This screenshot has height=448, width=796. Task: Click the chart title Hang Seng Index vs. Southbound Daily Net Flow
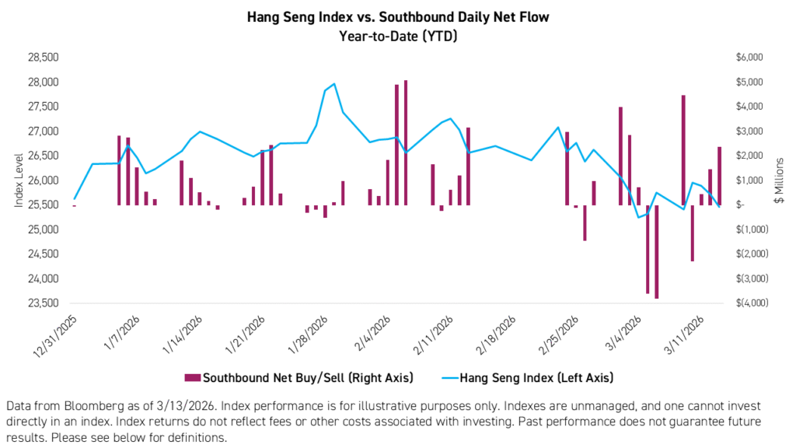398,16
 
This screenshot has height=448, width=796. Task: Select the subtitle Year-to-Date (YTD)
398,34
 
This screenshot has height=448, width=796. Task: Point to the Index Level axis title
19,180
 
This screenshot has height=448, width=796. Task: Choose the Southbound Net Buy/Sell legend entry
299,378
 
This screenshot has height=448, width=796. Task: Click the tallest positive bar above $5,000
406,142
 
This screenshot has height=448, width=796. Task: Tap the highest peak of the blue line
333,83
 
